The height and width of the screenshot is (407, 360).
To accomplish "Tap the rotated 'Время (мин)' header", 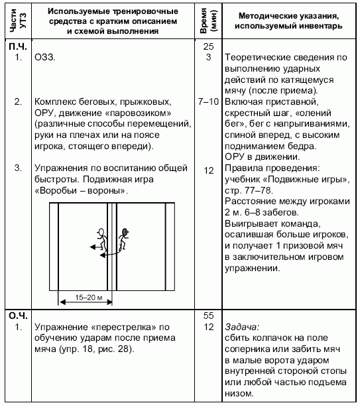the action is point(209,21).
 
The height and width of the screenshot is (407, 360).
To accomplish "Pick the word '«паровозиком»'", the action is point(142,113).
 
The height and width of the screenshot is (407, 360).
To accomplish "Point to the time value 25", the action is point(208,47).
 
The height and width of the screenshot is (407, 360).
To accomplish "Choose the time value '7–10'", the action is point(208,102).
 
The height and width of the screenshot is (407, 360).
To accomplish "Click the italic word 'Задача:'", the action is point(243,327).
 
